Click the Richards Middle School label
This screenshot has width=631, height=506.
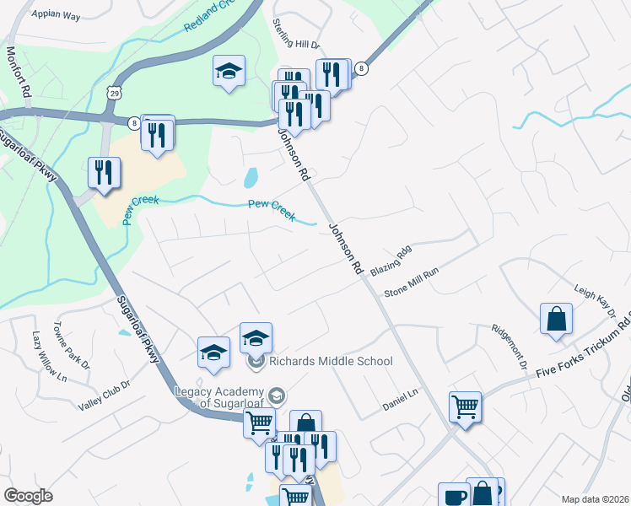[331, 361]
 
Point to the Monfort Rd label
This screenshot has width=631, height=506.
[18, 74]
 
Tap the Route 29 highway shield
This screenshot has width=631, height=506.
[111, 92]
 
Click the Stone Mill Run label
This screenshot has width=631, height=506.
[412, 284]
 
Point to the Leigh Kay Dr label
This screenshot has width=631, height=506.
[596, 302]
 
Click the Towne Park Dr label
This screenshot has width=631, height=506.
[72, 347]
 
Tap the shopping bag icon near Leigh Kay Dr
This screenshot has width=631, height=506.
[557, 320]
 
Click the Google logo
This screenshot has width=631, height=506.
[28, 496]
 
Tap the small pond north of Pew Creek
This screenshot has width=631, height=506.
[251, 178]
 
